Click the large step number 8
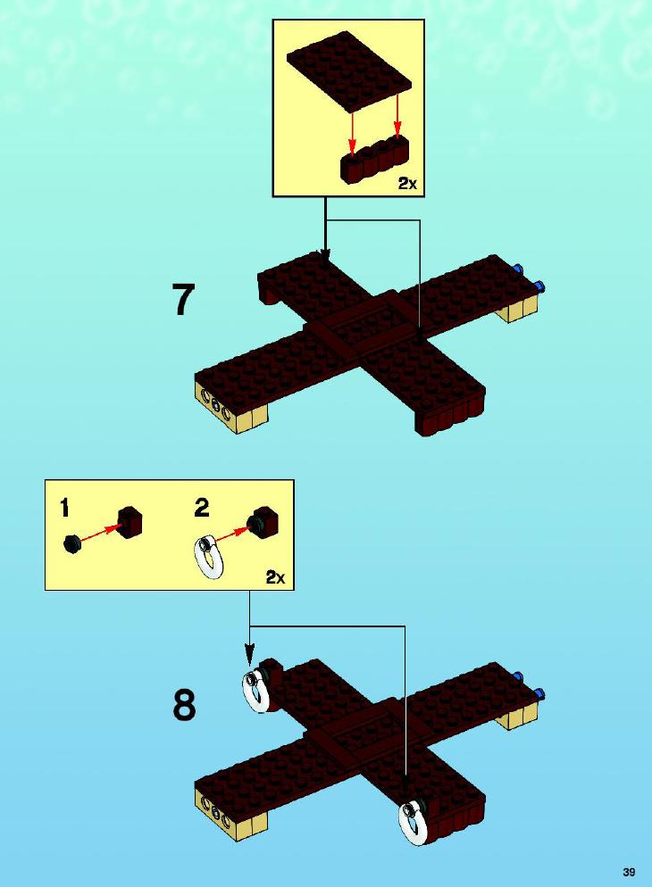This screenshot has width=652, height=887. [185, 706]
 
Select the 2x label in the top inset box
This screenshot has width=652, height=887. [407, 183]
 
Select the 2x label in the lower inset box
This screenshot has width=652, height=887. [276, 577]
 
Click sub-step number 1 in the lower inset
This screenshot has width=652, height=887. [65, 508]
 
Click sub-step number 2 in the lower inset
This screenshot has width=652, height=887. [202, 508]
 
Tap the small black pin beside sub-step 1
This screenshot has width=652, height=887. [71, 544]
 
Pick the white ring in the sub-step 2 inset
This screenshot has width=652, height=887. [211, 557]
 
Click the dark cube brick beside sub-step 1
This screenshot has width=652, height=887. [130, 521]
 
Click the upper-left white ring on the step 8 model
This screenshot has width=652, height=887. [257, 688]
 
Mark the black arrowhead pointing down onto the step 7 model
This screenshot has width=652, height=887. [325, 254]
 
